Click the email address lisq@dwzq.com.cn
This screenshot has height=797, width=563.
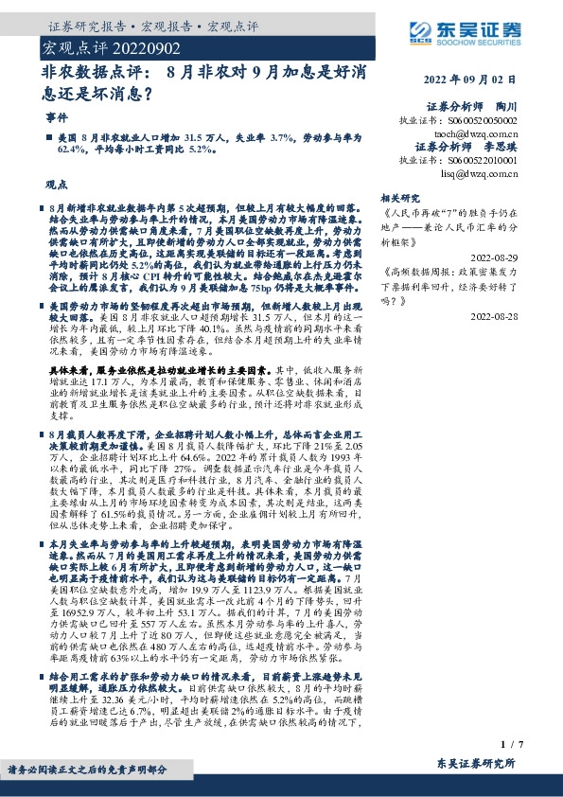(480, 174)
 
